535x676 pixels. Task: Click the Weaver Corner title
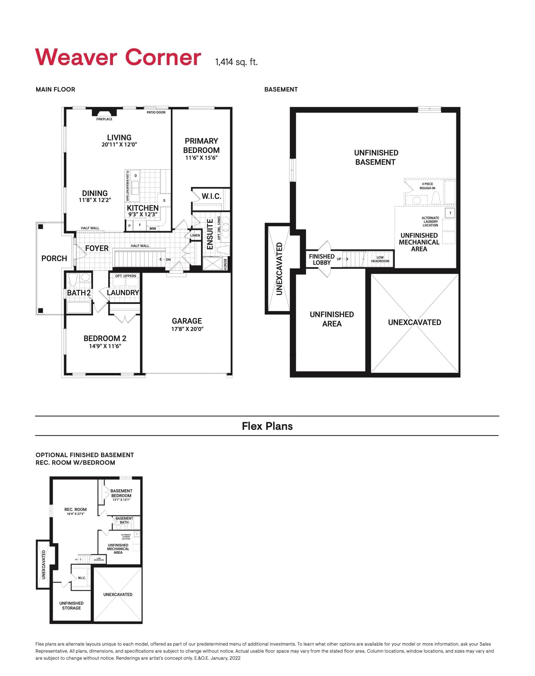click(118, 57)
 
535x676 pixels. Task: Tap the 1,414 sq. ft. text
click(236, 62)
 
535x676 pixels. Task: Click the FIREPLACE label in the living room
click(104, 119)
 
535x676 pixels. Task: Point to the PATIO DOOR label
click(156, 112)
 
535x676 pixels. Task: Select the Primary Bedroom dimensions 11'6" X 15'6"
click(201, 158)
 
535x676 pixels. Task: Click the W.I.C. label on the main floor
click(211, 196)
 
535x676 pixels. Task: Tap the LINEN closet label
click(195, 235)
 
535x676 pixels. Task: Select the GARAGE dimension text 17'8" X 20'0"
click(187, 329)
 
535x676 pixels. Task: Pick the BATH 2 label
click(79, 293)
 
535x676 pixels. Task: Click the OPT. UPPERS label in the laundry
click(126, 276)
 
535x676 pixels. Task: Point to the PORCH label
click(54, 259)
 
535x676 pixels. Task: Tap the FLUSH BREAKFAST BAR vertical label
click(127, 186)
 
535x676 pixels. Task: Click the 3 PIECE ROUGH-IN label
click(427, 186)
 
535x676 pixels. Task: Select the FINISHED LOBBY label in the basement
click(322, 259)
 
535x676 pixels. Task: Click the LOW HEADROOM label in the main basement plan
click(380, 259)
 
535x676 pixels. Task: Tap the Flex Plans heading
click(267, 426)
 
